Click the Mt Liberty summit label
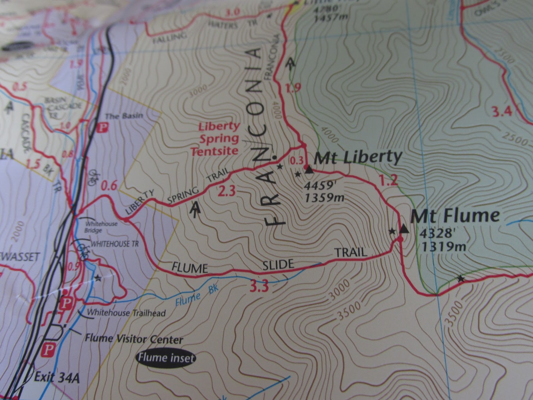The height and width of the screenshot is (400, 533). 358,158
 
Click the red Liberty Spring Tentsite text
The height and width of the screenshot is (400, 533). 219,139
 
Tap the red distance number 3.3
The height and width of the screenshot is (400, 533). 259,287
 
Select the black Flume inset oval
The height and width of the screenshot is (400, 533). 166,359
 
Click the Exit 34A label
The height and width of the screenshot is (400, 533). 57,379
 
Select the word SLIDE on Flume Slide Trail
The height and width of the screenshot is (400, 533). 277,265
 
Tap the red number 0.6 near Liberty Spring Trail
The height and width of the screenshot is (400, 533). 109,186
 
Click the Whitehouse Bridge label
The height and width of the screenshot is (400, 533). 101,227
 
